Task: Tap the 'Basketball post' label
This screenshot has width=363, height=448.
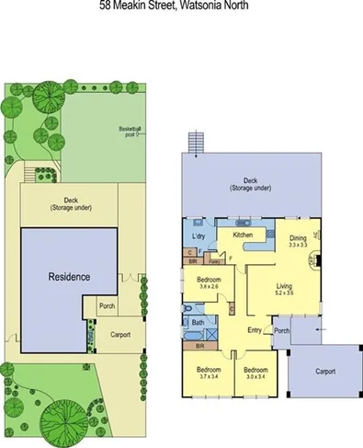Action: click(130, 130)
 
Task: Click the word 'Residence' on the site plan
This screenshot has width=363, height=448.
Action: click(69, 276)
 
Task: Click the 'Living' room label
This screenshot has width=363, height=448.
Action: click(284, 287)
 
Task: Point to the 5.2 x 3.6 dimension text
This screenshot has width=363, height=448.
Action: click(284, 294)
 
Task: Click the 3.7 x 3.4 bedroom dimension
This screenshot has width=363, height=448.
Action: click(203, 375)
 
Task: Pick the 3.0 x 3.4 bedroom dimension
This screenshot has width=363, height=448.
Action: click(255, 375)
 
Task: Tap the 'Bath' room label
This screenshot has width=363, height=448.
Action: click(198, 323)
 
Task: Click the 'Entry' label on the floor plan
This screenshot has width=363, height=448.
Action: click(255, 329)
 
